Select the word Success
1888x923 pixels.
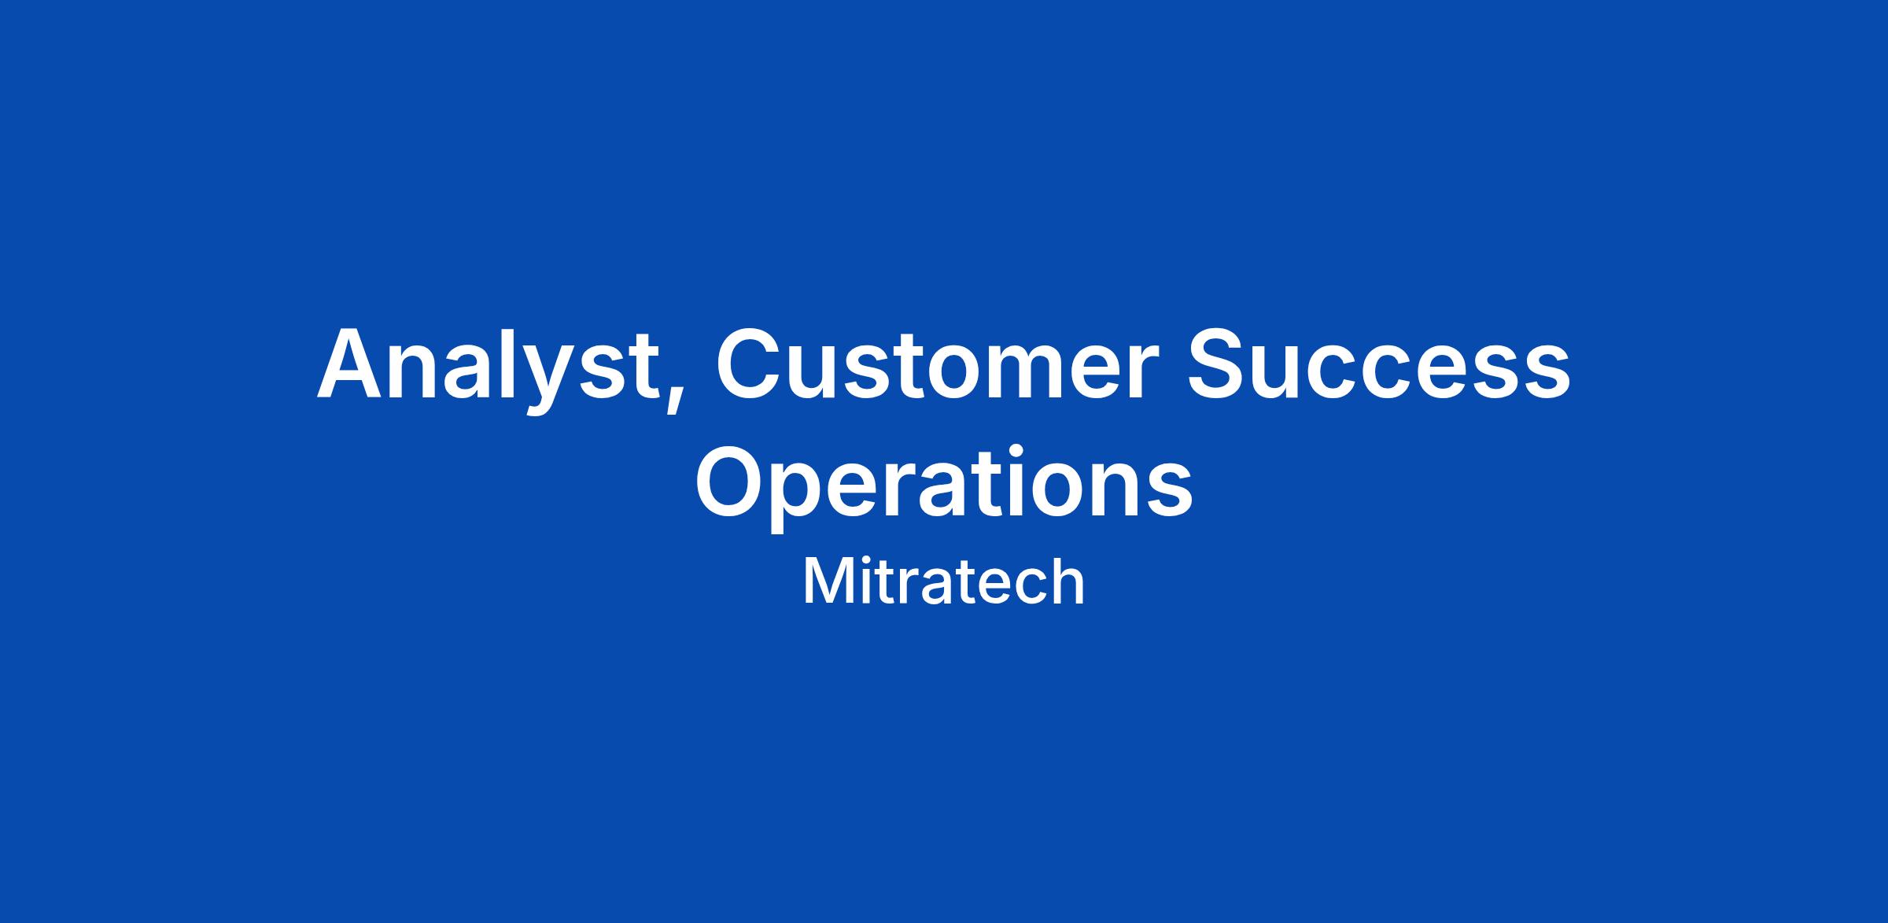click(x=1379, y=364)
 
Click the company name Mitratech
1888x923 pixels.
click(x=944, y=582)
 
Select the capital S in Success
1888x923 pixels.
click(x=1219, y=363)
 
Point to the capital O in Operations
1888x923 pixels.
click(x=732, y=481)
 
